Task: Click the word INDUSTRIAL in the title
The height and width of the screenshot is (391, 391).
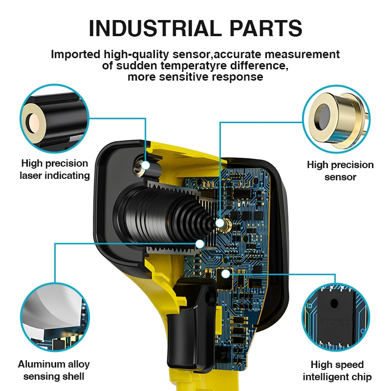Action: tap(155, 28)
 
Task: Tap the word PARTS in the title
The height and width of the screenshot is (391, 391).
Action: tap(265, 28)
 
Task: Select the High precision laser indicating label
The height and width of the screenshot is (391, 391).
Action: tap(55, 169)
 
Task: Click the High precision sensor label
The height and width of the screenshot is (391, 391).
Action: tap(340, 171)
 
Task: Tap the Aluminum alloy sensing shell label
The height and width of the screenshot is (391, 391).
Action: tap(54, 370)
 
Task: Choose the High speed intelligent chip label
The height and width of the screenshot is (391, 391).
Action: tap(337, 371)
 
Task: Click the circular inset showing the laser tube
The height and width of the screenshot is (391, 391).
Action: tap(55, 118)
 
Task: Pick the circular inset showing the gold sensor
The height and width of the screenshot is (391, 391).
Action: tap(336, 119)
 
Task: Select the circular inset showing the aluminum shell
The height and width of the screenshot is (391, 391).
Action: tap(55, 317)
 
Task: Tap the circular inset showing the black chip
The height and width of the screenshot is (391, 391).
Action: tap(336, 317)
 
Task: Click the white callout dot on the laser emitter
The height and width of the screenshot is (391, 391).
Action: tap(146, 165)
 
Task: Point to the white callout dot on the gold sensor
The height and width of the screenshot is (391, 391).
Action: tap(219, 223)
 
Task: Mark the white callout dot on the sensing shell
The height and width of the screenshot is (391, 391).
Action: tap(200, 244)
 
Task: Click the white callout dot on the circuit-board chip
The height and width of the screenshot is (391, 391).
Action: tap(225, 274)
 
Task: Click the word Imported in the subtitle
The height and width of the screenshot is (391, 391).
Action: tap(75, 55)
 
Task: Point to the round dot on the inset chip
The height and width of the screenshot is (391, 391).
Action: tap(334, 304)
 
